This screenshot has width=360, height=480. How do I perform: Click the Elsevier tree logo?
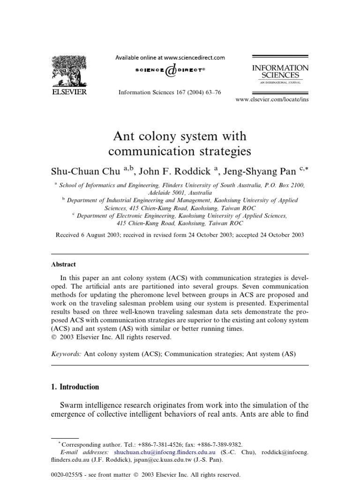(x=68, y=71)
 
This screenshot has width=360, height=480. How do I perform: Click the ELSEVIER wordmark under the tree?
(x=68, y=92)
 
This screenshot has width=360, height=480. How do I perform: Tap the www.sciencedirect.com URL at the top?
(x=195, y=58)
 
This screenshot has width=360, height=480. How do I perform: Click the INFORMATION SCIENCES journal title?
(x=280, y=71)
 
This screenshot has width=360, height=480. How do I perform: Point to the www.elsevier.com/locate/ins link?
(x=272, y=99)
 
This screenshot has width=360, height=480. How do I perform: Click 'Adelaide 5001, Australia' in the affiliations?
(x=180, y=193)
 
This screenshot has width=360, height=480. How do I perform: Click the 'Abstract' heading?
(x=64, y=264)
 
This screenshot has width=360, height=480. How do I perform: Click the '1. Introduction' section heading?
(x=75, y=387)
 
